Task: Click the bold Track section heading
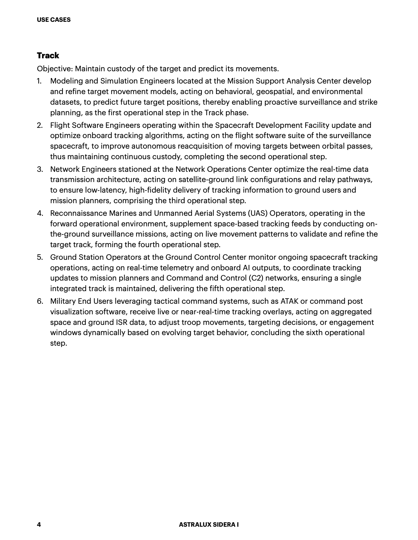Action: tap(48, 56)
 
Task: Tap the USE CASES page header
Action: tap(54, 20)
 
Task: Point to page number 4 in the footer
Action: tap(39, 525)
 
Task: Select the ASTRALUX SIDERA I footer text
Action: tap(209, 525)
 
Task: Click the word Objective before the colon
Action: tap(54, 69)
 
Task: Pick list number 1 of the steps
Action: tap(39, 81)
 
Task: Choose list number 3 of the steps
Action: tap(40, 169)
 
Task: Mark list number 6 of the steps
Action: tap(40, 301)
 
